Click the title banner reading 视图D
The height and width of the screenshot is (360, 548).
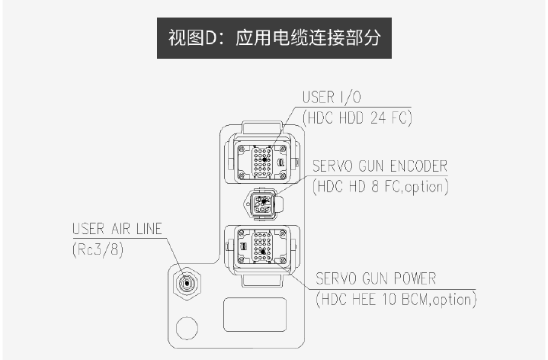[x=274, y=36]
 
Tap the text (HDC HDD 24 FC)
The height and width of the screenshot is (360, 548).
[x=357, y=117]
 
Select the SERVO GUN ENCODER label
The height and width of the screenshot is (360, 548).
[x=380, y=166]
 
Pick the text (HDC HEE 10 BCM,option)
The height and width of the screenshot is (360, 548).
[x=396, y=300]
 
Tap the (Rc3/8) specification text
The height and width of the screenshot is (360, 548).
[x=98, y=248]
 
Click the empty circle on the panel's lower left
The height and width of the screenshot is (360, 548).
[x=187, y=329]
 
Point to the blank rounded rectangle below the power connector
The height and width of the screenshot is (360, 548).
[x=255, y=314]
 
